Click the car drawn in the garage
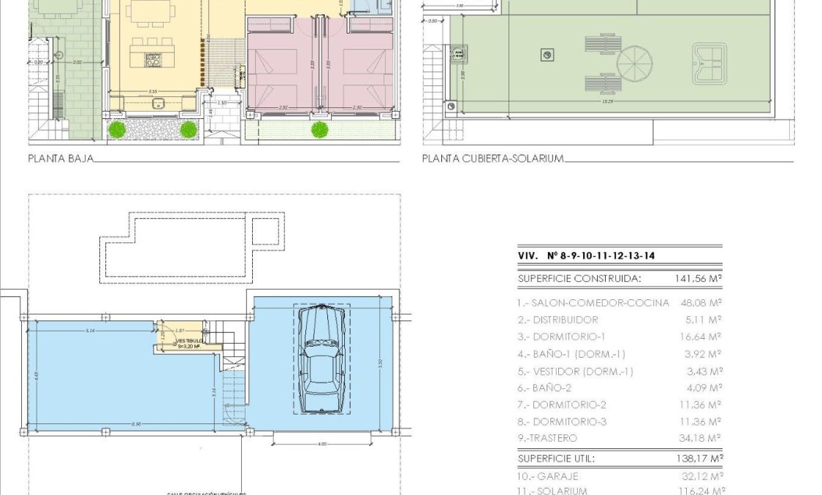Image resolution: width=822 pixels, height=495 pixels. pos(321,359)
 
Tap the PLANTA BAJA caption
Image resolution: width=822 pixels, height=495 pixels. pos(61,158)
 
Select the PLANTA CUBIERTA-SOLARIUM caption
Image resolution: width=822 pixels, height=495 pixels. pos(492,158)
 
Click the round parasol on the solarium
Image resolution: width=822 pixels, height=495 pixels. pos(634,64)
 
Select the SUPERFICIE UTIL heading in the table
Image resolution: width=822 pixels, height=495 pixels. pos(556,458)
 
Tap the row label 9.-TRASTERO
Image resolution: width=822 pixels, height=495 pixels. pos(547,438)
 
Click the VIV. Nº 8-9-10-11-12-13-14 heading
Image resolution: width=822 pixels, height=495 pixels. pos(586,256)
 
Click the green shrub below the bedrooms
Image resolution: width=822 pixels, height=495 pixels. pos(319,130)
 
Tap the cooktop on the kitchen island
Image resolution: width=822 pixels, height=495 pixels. pos(153,59)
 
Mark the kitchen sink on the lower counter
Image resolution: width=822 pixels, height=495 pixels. pos(158,102)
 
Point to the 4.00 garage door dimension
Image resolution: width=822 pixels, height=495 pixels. pos(323,443)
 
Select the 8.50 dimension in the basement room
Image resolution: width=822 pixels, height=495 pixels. pos(137,424)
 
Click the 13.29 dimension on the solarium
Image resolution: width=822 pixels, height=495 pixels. pos(608,101)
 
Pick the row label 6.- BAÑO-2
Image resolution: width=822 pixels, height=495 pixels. pos(547,388)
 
